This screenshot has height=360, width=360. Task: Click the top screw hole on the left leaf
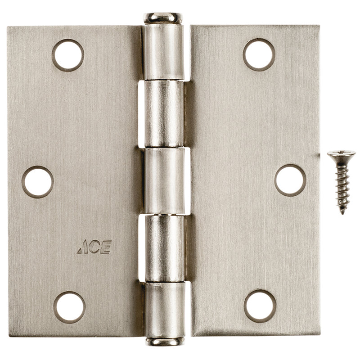[x=67, y=55]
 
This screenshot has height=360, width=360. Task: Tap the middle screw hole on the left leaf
[x=37, y=182]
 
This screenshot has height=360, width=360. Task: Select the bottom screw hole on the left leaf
[x=69, y=307]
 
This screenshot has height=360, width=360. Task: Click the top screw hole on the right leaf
[x=259, y=54]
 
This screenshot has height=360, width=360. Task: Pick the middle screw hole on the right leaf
[x=290, y=180]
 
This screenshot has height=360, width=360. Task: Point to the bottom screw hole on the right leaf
[x=260, y=306]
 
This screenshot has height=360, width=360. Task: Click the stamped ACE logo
[x=94, y=247]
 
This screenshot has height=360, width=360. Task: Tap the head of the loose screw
[x=341, y=156]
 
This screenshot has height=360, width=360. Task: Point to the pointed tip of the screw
[x=343, y=212]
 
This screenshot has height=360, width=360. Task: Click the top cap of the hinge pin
[x=163, y=18]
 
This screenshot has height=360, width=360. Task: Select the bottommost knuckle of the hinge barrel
[x=164, y=308]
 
